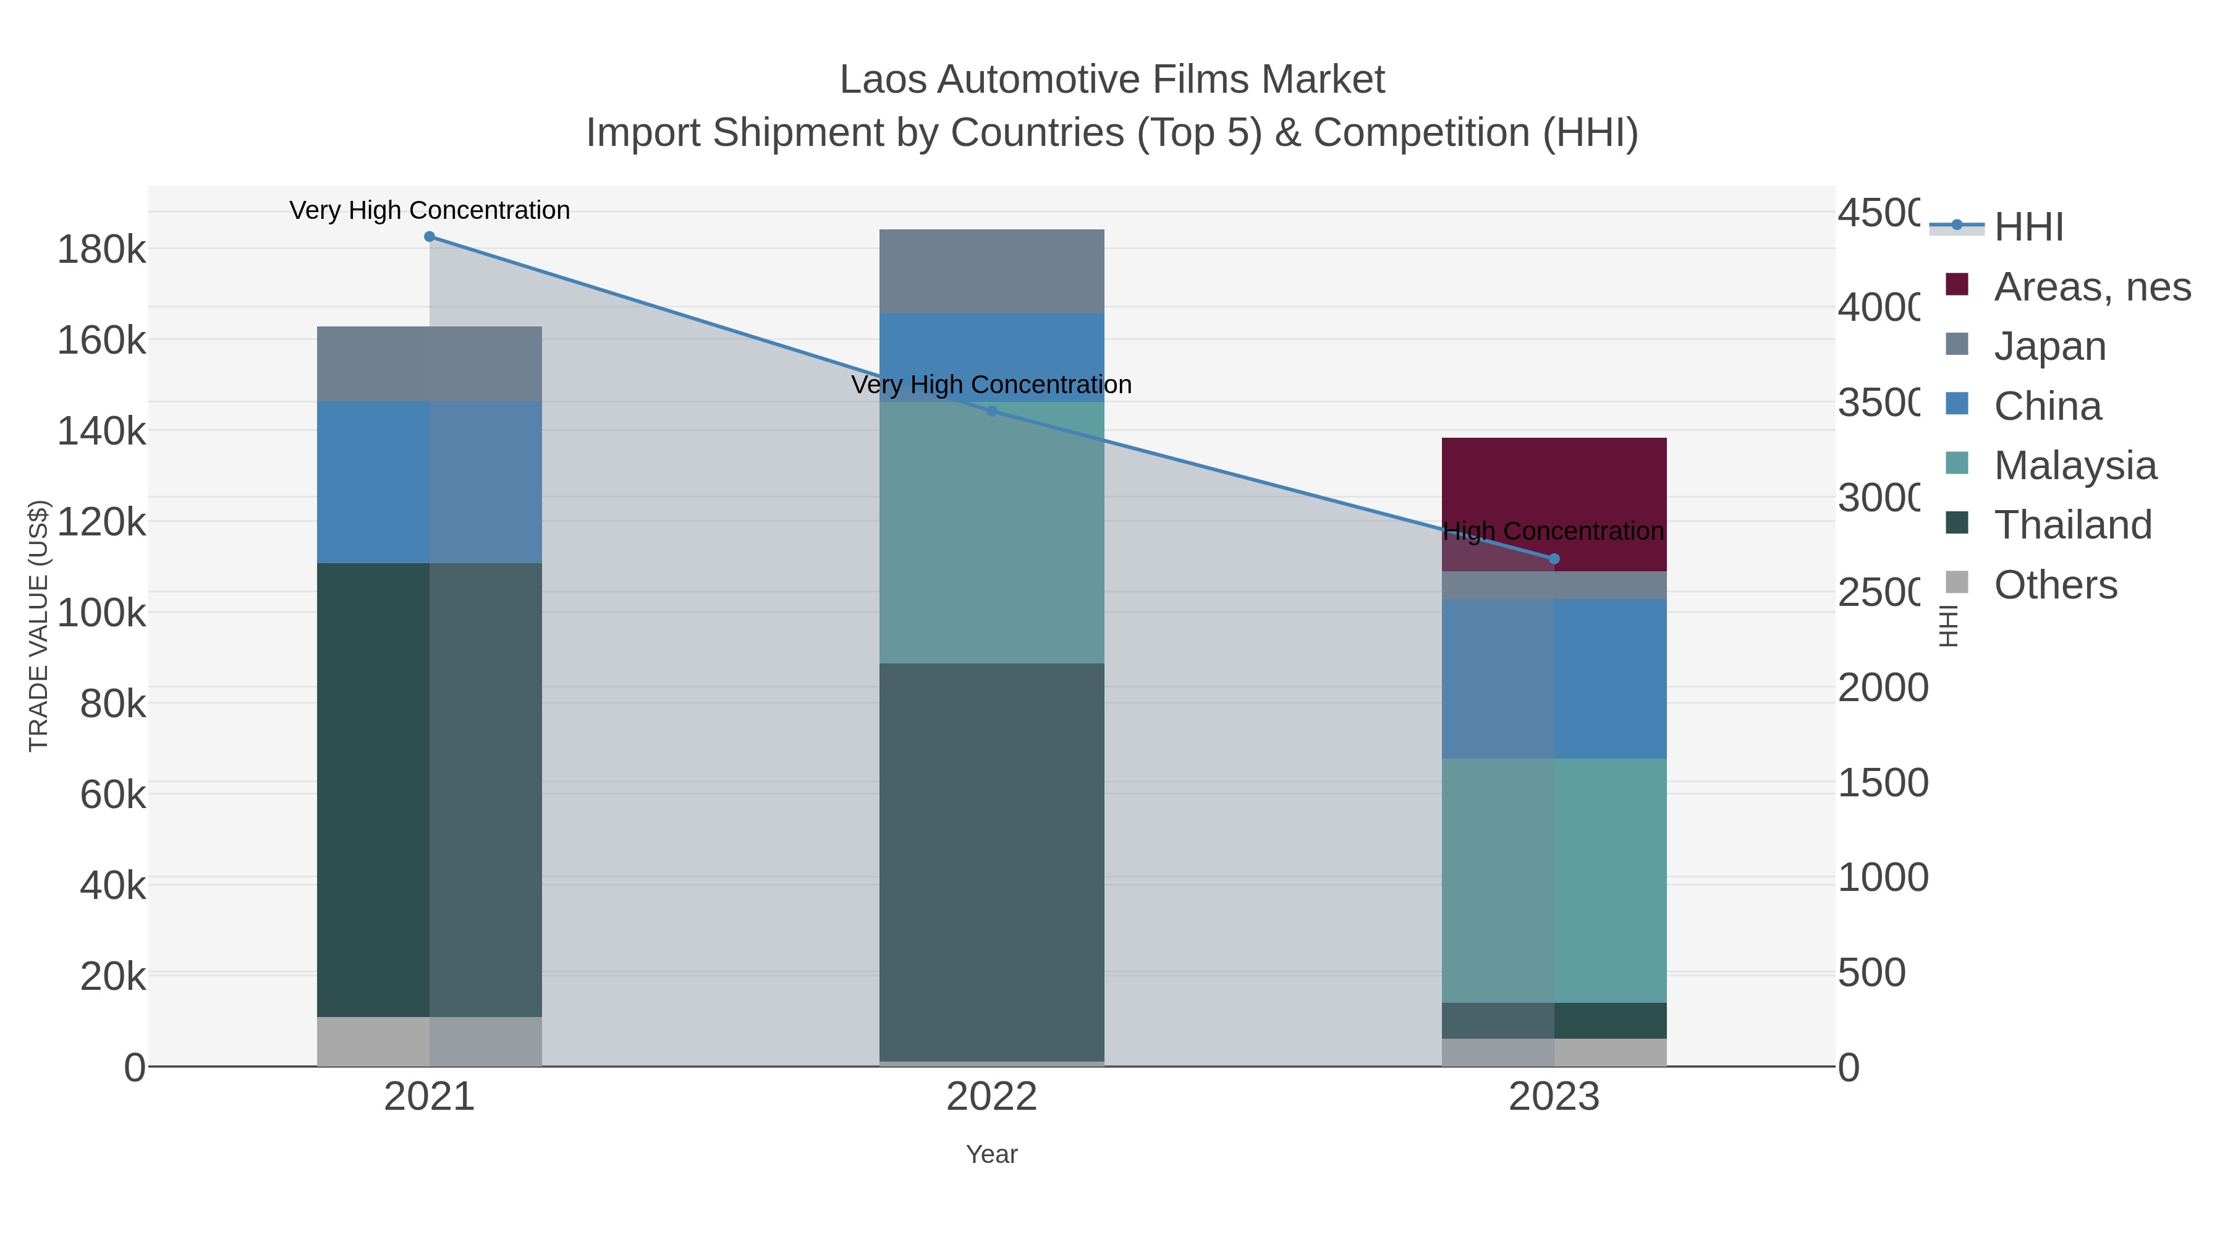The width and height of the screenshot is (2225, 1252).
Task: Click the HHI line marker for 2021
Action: (x=430, y=237)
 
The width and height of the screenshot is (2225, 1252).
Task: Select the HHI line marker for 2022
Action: (x=991, y=411)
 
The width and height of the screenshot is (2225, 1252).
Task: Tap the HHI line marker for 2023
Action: (x=1554, y=559)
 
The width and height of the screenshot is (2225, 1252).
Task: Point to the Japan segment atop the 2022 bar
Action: (x=991, y=271)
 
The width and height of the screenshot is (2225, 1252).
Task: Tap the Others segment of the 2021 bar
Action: (x=430, y=1041)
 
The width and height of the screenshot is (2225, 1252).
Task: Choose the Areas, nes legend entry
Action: (x=2091, y=287)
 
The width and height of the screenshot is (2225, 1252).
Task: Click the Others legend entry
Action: (x=2055, y=585)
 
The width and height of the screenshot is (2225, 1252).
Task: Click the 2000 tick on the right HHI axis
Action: (x=1882, y=688)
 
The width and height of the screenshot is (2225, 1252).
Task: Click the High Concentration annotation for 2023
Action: (x=1553, y=531)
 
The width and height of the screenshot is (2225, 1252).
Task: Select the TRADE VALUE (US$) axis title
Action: (x=39, y=626)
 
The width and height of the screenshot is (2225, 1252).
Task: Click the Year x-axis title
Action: (x=991, y=1154)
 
